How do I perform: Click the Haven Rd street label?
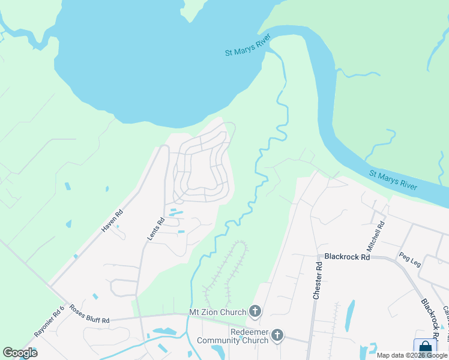point(112,221)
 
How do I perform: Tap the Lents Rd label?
point(156,229)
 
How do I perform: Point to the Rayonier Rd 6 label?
point(49,322)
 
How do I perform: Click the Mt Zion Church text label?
point(218,312)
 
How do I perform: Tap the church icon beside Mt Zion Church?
point(255,311)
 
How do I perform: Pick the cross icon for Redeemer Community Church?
point(277,335)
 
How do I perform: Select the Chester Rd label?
point(318,279)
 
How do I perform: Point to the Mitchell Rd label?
point(376,236)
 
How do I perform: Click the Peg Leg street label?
point(410,259)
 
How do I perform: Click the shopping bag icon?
point(425,347)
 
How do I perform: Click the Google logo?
point(20,353)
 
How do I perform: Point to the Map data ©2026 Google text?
point(412,355)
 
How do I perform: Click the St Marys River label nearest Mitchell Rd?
point(393,181)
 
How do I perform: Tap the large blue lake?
point(150,60)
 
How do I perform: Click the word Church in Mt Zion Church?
point(234,312)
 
